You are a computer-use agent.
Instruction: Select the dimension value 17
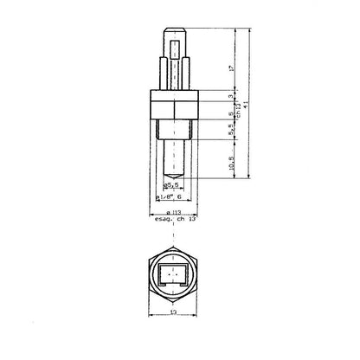(232, 67)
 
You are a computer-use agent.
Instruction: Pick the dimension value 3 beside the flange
(232, 97)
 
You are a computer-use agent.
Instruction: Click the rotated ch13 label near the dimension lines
(239, 105)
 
